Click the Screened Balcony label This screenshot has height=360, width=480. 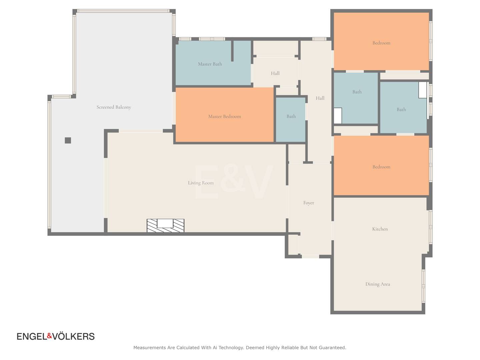pos(114,107)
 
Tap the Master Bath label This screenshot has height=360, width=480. pos(210,64)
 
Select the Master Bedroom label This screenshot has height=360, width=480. pos(224,117)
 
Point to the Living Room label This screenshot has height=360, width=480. pos(201,183)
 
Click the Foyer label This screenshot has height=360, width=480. pos(309,203)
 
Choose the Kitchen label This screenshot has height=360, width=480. pos(380,229)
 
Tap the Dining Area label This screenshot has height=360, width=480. pos(378,284)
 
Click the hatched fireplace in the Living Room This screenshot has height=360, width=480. pos(165,225)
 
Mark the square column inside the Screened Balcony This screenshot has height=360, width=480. pos(68,140)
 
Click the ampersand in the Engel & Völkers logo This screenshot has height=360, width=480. pos(50,336)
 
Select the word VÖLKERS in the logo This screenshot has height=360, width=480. pos(73,336)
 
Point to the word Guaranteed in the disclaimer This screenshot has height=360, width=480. pos(332,348)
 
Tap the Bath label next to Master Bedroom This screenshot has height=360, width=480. pos(291,117)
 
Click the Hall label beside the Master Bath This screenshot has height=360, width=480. pos(275,73)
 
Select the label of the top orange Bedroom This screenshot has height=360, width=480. pos(381,43)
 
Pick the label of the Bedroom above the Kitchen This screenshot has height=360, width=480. pos(381,167)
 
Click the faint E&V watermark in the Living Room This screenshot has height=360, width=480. pos(234,182)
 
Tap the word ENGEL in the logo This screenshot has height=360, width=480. pos(32,336)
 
